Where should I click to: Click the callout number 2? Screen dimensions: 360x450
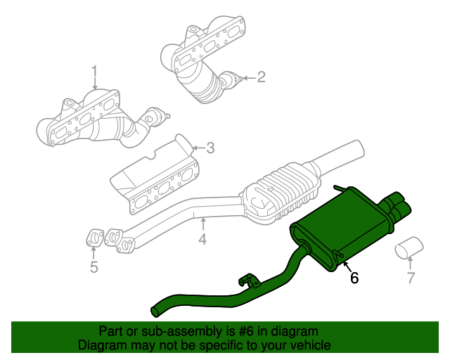pos(261,77)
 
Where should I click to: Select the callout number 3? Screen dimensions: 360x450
pos(210,148)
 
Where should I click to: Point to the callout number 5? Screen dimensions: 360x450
pos(94,266)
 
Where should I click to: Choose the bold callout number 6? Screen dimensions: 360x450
pos(354,278)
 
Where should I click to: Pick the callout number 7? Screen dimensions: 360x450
pos(411,278)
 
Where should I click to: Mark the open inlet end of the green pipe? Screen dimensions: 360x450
pos(155,310)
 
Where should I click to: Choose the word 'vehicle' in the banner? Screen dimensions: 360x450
pos(310,345)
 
